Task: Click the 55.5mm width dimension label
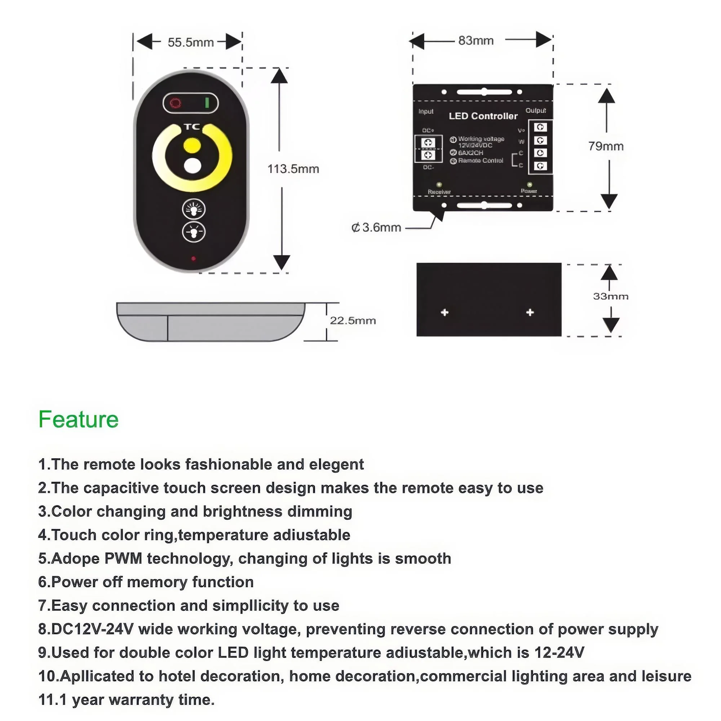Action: tap(190, 43)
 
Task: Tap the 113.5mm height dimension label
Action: tap(293, 169)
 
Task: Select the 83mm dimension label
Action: tap(476, 41)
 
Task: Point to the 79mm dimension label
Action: tap(606, 146)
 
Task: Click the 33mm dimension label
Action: tap(611, 296)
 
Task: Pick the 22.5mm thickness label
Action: tap(353, 320)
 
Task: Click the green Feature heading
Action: tap(78, 420)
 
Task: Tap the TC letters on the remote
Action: tap(192, 127)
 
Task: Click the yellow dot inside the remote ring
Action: tap(192, 145)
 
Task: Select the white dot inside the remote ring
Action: tap(193, 166)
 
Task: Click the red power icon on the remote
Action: tap(176, 103)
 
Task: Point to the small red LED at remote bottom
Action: tap(193, 258)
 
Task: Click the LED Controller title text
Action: tap(483, 116)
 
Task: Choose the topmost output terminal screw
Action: tap(540, 127)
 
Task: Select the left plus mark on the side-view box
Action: tap(444, 312)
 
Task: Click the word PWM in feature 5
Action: tap(123, 559)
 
